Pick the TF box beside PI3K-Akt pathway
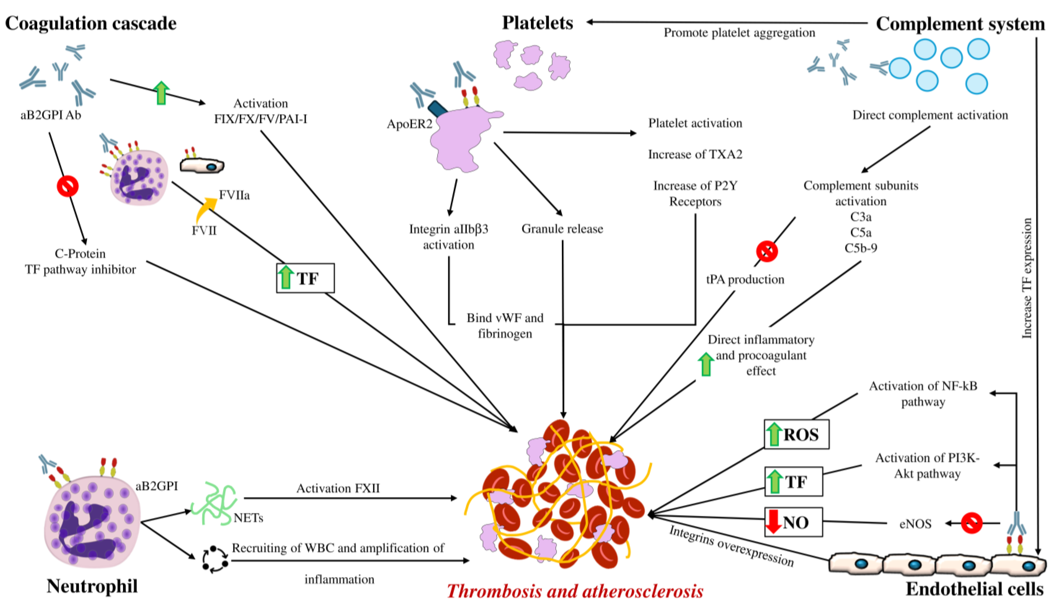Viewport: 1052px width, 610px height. point(793,481)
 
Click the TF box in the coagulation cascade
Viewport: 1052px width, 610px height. point(305,278)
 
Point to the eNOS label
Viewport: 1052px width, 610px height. point(915,524)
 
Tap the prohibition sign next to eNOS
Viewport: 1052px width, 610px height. point(971,523)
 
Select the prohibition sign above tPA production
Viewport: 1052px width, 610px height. point(767,251)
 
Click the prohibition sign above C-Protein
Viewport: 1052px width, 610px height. point(68,186)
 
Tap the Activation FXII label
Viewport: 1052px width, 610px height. point(338,488)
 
